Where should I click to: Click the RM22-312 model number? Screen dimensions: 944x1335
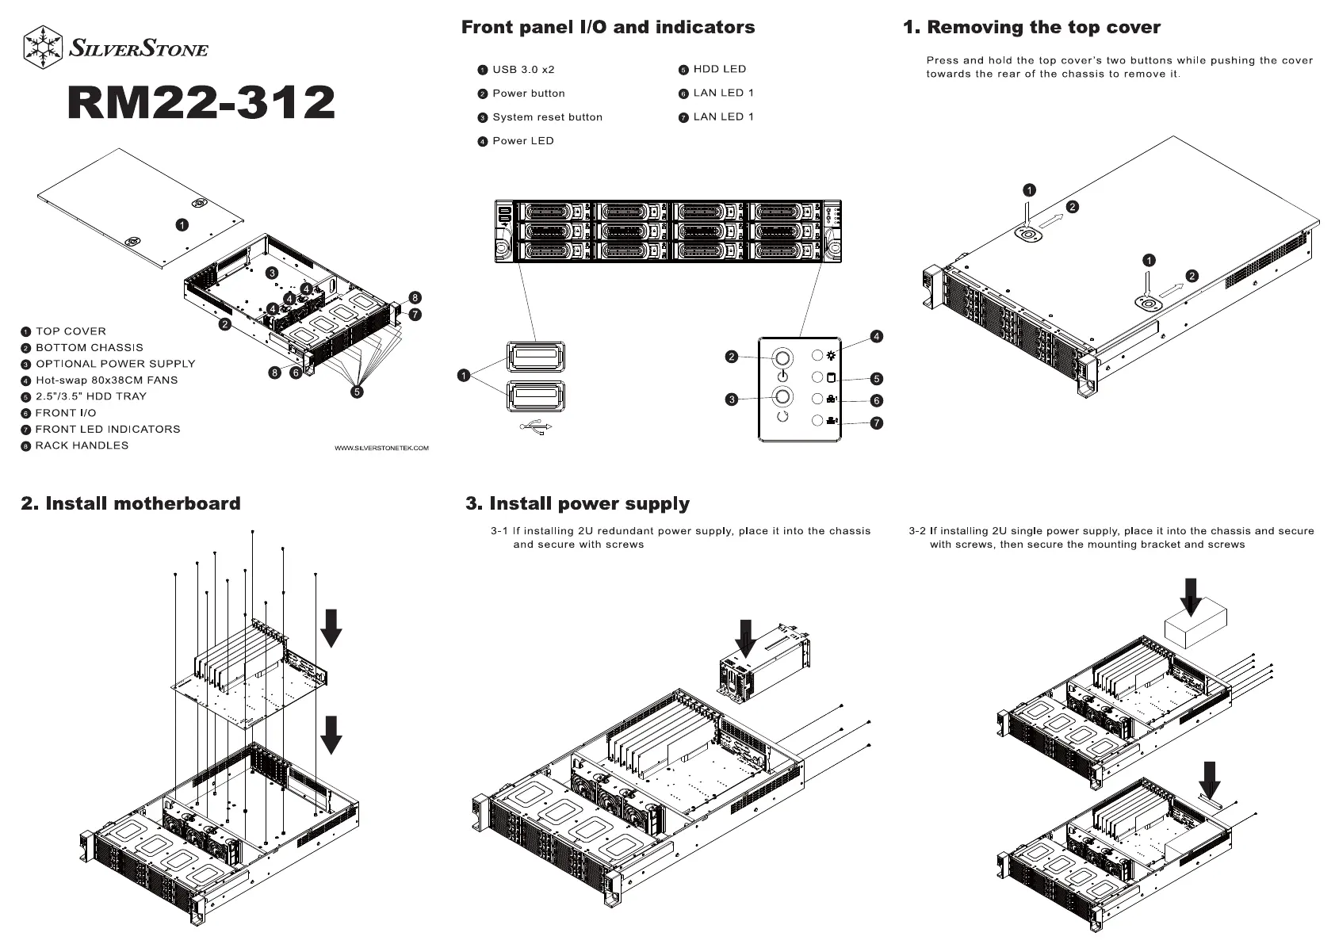[x=201, y=103]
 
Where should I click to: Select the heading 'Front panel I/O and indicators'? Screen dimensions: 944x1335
[x=607, y=28]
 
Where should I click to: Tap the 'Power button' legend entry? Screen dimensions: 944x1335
[x=528, y=94]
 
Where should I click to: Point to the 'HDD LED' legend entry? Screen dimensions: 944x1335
[x=719, y=70]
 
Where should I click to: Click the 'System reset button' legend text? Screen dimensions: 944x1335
[x=547, y=117]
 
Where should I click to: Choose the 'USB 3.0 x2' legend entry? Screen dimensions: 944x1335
[x=523, y=70]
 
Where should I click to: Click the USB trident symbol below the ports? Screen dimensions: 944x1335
[x=536, y=427]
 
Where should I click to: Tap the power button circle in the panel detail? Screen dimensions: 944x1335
[x=782, y=357]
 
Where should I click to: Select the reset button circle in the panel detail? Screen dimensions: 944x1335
[x=782, y=397]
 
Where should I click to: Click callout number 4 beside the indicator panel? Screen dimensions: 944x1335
[x=876, y=337]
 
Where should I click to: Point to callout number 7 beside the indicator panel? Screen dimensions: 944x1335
[x=877, y=423]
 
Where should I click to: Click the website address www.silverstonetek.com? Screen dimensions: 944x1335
[x=381, y=449]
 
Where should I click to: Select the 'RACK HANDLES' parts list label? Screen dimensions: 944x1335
[x=82, y=445]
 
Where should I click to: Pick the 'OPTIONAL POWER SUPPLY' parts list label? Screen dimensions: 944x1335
[x=115, y=364]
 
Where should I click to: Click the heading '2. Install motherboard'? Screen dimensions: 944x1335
[x=131, y=504]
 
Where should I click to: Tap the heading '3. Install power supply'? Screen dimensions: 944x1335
[x=577, y=504]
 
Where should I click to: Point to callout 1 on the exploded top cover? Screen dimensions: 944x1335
[x=182, y=225]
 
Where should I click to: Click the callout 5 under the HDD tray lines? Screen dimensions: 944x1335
[x=358, y=392]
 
